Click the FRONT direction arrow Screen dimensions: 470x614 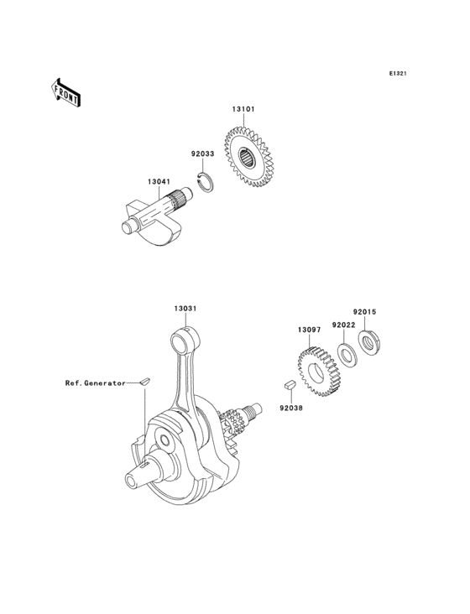point(65,92)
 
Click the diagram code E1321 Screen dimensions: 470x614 point(398,73)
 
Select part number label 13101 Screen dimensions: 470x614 point(243,109)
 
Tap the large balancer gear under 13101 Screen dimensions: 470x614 point(248,157)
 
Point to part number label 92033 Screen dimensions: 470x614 point(202,153)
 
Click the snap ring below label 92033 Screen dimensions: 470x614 point(206,182)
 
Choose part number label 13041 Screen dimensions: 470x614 point(159,182)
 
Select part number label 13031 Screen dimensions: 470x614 point(185,309)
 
